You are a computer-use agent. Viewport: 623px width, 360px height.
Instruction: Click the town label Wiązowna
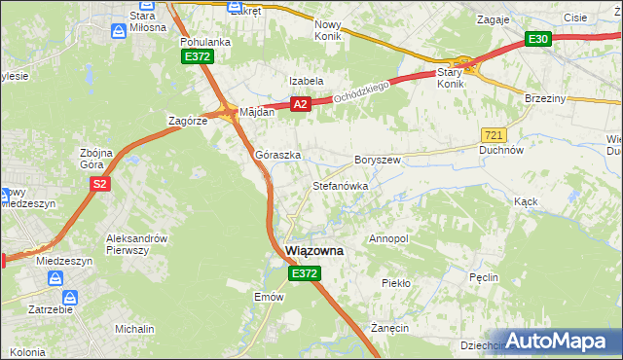click(314, 251)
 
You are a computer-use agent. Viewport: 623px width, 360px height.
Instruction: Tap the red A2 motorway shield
click(300, 104)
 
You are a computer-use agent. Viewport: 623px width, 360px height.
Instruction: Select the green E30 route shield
click(538, 39)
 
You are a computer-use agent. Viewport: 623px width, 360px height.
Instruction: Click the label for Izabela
click(306, 81)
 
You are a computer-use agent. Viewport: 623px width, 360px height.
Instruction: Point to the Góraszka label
click(277, 155)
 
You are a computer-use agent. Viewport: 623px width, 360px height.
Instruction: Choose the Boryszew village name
click(378, 159)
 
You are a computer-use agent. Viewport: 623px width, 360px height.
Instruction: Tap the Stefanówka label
click(339, 184)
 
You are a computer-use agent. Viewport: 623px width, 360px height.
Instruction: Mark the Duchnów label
click(503, 151)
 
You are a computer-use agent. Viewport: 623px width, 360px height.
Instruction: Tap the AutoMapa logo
click(557, 341)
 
